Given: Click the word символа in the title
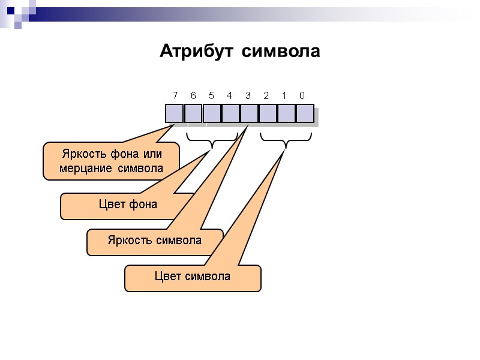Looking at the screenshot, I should [x=281, y=52].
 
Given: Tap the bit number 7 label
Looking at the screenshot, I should [x=175, y=95].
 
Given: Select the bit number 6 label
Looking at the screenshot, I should [x=193, y=95].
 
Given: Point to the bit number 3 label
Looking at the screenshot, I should [x=248, y=95].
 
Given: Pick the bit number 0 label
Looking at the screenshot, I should [x=302, y=95].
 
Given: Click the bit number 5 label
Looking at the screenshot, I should [x=211, y=95].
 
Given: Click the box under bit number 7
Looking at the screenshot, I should [x=175, y=113].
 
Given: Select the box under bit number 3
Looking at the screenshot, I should [x=248, y=113].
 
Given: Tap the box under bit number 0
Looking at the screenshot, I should [x=304, y=113].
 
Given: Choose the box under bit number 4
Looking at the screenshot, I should [x=230, y=113].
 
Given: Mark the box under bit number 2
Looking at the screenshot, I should [x=267, y=113].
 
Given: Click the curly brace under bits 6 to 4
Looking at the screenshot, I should [x=212, y=142].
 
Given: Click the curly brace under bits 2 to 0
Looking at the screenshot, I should [x=286, y=142].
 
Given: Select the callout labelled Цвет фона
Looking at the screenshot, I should [x=128, y=205].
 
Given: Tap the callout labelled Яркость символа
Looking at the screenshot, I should [x=155, y=241].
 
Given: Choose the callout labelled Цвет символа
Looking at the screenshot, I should [x=193, y=277].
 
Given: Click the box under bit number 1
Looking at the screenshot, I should [x=286, y=113].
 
